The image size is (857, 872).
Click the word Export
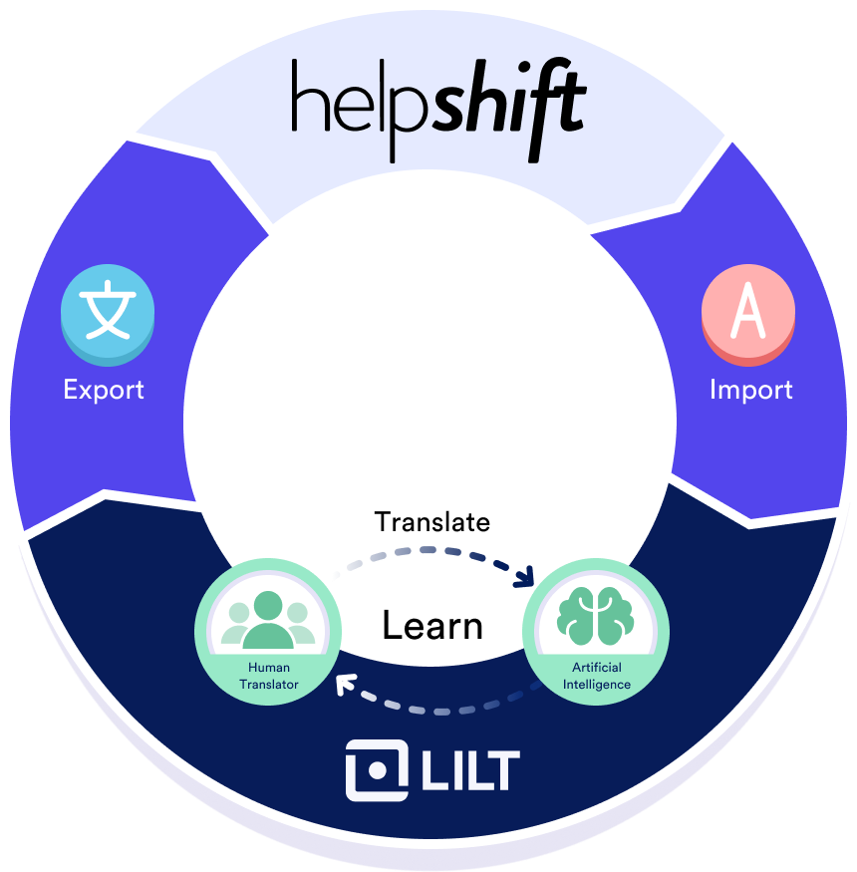(104, 389)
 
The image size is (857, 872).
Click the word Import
(750, 389)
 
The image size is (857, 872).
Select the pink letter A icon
(747, 313)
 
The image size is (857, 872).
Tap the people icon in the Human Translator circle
(268, 620)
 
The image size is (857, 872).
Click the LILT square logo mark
(377, 770)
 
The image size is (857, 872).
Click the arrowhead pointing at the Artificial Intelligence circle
(527, 578)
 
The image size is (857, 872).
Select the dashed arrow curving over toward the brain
(428, 552)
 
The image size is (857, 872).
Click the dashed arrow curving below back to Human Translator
(438, 709)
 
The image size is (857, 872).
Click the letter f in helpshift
(547, 100)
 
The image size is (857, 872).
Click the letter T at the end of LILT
(503, 770)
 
